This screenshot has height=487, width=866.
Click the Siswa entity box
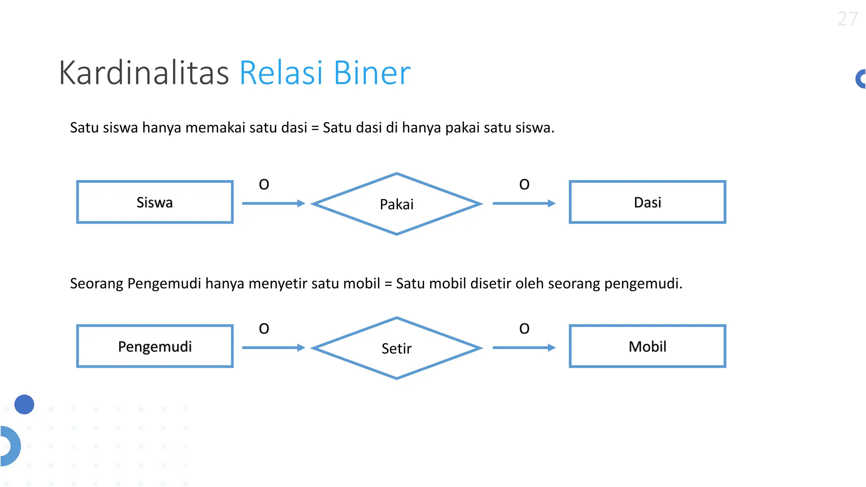155,202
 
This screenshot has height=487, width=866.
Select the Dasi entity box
647,202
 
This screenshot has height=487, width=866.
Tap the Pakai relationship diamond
397,204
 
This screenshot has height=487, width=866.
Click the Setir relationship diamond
397,348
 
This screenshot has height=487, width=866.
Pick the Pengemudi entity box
155,346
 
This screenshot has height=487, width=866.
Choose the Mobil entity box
647,346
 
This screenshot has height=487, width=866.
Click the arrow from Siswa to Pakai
273,203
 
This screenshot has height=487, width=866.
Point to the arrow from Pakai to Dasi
524,203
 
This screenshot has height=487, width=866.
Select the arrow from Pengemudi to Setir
273,347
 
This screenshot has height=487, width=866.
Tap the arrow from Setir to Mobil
524,347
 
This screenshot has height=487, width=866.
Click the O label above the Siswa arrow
264,184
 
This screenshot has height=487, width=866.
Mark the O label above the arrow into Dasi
524,184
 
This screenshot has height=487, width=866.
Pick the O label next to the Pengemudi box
264,328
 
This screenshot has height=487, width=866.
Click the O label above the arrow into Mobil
524,328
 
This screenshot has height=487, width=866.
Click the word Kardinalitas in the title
144,73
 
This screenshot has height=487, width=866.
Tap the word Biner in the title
372,73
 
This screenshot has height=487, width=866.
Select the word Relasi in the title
281,73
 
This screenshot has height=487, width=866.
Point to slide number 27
847,19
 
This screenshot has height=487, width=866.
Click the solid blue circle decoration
24,404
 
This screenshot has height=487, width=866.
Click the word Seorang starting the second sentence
96,283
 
